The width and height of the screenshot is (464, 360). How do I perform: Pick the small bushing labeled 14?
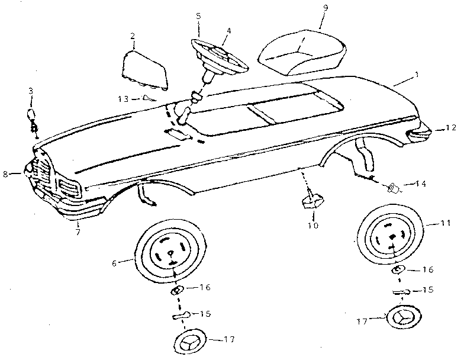pyautogui.click(x=392, y=188)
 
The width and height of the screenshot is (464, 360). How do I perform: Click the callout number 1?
pyautogui.click(x=417, y=75)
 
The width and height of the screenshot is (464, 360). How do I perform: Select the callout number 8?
pyautogui.click(x=5, y=173)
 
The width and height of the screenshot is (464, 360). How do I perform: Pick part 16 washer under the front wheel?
pyautogui.click(x=176, y=290)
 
